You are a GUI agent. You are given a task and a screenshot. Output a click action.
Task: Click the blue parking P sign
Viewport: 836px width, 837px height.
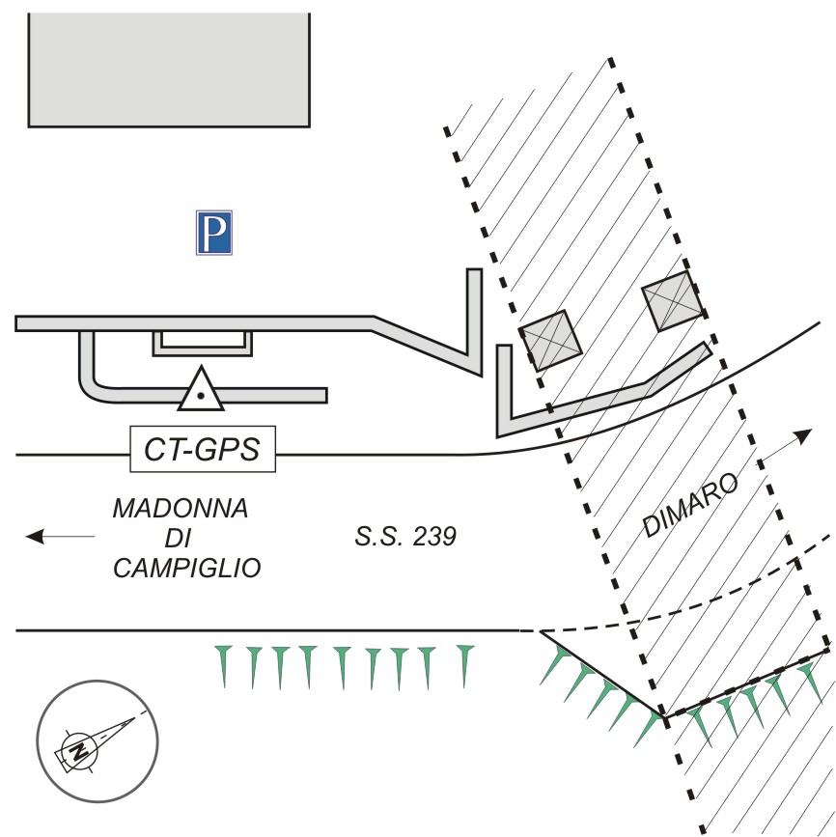pyautogui.click(x=214, y=233)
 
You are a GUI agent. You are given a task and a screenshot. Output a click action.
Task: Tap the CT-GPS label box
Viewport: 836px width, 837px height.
pyautogui.click(x=203, y=449)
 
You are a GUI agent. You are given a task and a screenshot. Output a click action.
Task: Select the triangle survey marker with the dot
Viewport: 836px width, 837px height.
pyautogui.click(x=201, y=389)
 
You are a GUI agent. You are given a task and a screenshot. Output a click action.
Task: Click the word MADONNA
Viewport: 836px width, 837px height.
pyautogui.click(x=181, y=508)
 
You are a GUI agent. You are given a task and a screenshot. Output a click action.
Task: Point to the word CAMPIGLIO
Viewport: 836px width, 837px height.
pyautogui.click(x=187, y=568)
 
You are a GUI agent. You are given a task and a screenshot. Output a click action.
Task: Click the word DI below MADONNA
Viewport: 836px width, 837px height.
pyautogui.click(x=178, y=538)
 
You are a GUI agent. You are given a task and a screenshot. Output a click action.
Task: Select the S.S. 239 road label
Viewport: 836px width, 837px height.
pyautogui.click(x=405, y=537)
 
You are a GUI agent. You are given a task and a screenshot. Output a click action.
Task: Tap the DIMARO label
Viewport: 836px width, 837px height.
pyautogui.click(x=690, y=505)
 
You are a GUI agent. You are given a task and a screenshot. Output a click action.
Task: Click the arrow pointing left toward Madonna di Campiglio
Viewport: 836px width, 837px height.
pyautogui.click(x=60, y=536)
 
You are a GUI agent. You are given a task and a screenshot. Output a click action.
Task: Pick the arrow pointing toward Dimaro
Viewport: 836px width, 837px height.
pyautogui.click(x=786, y=445)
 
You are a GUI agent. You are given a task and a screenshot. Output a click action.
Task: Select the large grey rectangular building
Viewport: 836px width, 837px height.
pyautogui.click(x=169, y=70)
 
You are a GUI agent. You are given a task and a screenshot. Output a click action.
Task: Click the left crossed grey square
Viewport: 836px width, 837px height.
pyautogui.click(x=551, y=341)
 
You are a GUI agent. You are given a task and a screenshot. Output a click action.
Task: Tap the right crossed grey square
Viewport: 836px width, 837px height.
pyautogui.click(x=672, y=301)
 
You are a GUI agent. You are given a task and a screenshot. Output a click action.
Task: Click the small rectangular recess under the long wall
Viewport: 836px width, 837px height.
pyautogui.click(x=203, y=344)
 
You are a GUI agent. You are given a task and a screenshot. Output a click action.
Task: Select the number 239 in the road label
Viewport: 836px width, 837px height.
pyautogui.click(x=434, y=537)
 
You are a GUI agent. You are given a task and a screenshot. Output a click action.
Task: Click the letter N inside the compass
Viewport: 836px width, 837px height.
pyautogui.click(x=79, y=751)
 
